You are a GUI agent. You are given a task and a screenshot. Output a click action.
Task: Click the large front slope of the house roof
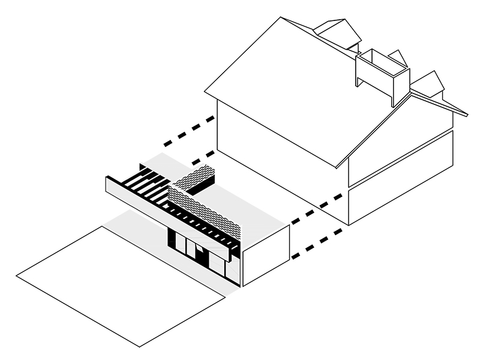288,90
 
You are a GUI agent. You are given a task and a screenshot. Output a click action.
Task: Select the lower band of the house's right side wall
402,192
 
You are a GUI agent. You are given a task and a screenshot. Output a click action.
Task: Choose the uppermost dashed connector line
189,131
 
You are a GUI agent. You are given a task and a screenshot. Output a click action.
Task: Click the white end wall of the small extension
266,255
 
